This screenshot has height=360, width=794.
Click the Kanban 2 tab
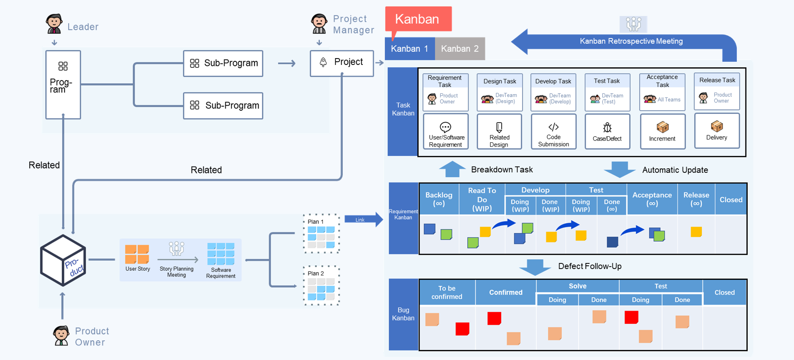(x=459, y=48)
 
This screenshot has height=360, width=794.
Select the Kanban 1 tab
(x=410, y=48)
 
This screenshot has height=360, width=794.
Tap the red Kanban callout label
(x=418, y=19)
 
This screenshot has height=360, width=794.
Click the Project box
(x=342, y=63)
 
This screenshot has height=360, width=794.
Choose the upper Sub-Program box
(x=223, y=63)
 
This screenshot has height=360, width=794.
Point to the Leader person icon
(x=54, y=24)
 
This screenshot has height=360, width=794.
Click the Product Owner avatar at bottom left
(x=61, y=336)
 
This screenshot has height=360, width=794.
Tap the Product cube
(x=63, y=260)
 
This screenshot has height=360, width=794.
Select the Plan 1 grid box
(x=321, y=234)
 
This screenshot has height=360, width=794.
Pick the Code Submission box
(x=553, y=132)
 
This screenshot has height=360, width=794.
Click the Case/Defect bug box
(x=607, y=132)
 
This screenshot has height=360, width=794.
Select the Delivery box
(x=717, y=131)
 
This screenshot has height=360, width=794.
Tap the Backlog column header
(x=439, y=199)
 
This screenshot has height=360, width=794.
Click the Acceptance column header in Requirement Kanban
(x=652, y=199)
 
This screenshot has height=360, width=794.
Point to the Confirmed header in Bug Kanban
(x=506, y=292)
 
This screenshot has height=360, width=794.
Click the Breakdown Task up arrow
(x=452, y=169)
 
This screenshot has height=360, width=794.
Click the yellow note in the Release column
(x=696, y=232)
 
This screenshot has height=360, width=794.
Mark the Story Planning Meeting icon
(x=176, y=249)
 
